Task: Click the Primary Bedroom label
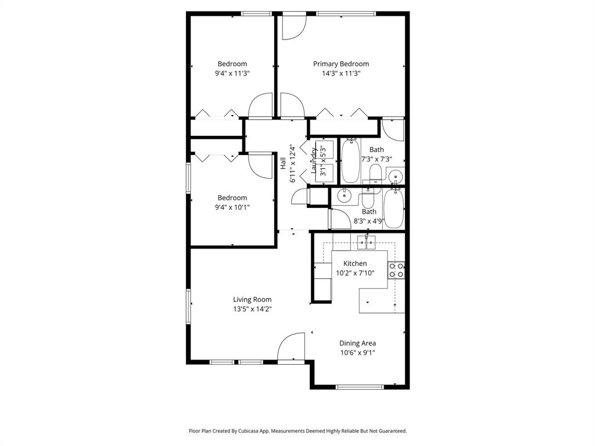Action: (341, 64)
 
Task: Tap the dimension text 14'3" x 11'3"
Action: (341, 74)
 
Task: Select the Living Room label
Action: (252, 300)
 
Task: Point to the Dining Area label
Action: (357, 343)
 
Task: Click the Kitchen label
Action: (355, 264)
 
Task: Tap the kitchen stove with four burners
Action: (396, 270)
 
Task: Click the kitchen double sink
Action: (367, 242)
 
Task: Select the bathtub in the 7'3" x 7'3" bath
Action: (350, 161)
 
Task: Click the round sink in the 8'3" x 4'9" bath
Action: (345, 195)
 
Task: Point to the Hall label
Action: (283, 163)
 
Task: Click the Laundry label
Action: (314, 161)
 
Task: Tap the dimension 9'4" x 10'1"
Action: (232, 207)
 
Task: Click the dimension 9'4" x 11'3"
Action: (232, 74)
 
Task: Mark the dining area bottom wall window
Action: (359, 386)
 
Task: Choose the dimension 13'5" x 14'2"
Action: (252, 309)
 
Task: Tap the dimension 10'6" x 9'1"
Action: (357, 353)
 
